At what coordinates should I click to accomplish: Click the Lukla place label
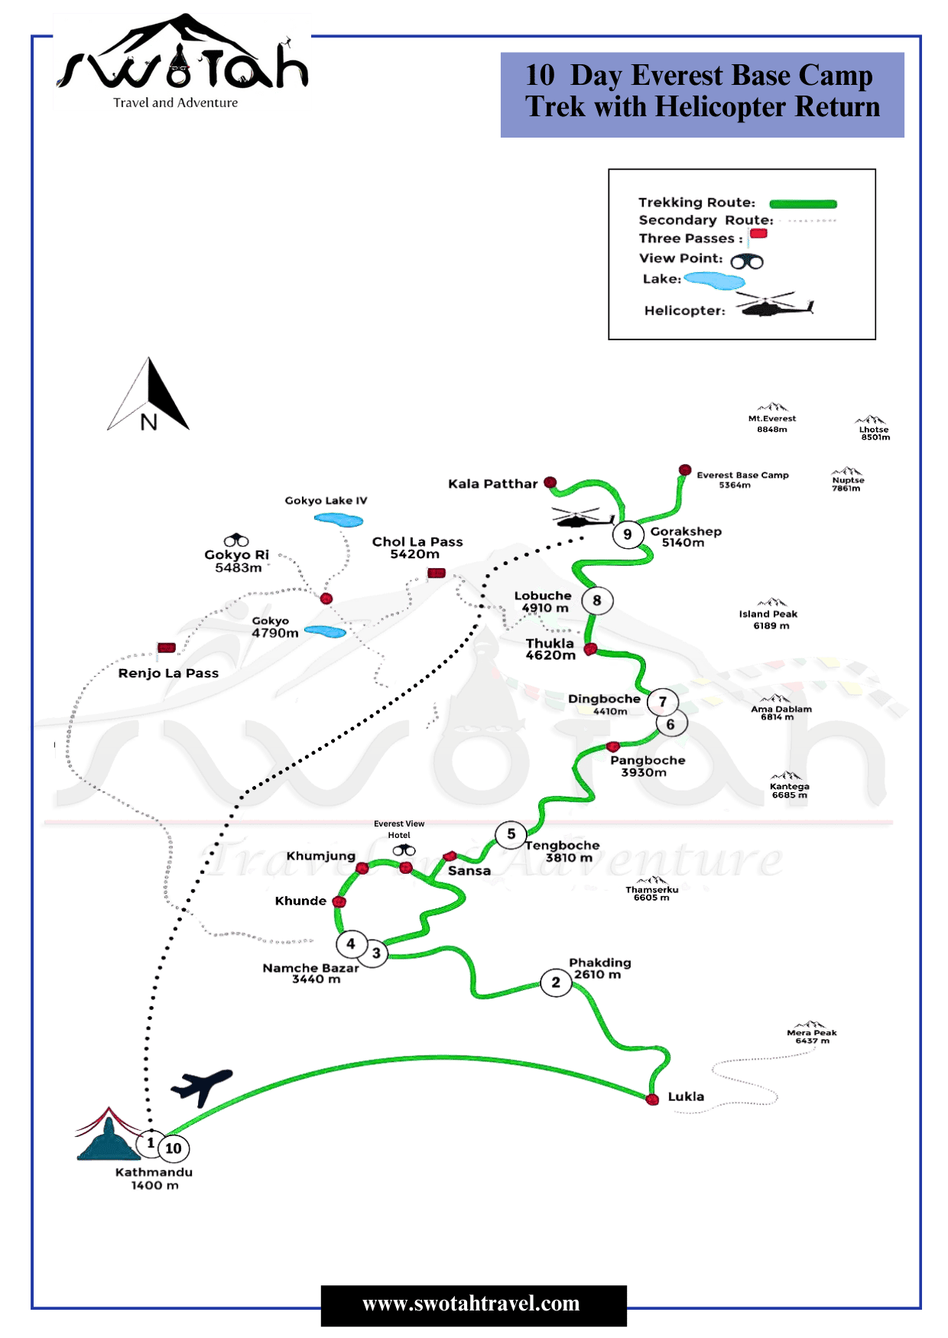click(x=686, y=1096)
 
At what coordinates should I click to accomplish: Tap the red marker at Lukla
click(x=652, y=1099)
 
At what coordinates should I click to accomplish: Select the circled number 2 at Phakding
click(x=556, y=982)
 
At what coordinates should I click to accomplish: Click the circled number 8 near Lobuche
click(x=597, y=601)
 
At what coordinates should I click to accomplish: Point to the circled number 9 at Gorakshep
click(x=627, y=534)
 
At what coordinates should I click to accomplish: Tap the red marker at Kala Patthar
click(x=550, y=482)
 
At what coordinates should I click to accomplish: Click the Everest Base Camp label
click(x=742, y=479)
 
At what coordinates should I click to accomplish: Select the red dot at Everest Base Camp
click(x=685, y=469)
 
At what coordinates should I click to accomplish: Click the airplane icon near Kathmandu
click(x=201, y=1086)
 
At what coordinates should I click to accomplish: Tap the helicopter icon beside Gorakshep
click(x=581, y=518)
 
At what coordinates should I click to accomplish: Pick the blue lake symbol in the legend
click(x=715, y=281)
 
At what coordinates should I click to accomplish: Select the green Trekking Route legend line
click(x=802, y=203)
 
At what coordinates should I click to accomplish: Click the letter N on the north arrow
click(x=148, y=421)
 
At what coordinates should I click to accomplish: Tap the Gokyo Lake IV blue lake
click(x=338, y=520)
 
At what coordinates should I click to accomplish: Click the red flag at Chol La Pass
click(x=436, y=573)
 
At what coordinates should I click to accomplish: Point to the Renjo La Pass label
click(x=168, y=673)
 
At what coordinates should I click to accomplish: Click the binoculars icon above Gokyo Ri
click(x=236, y=541)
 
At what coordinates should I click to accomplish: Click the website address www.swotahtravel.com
click(x=471, y=1304)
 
